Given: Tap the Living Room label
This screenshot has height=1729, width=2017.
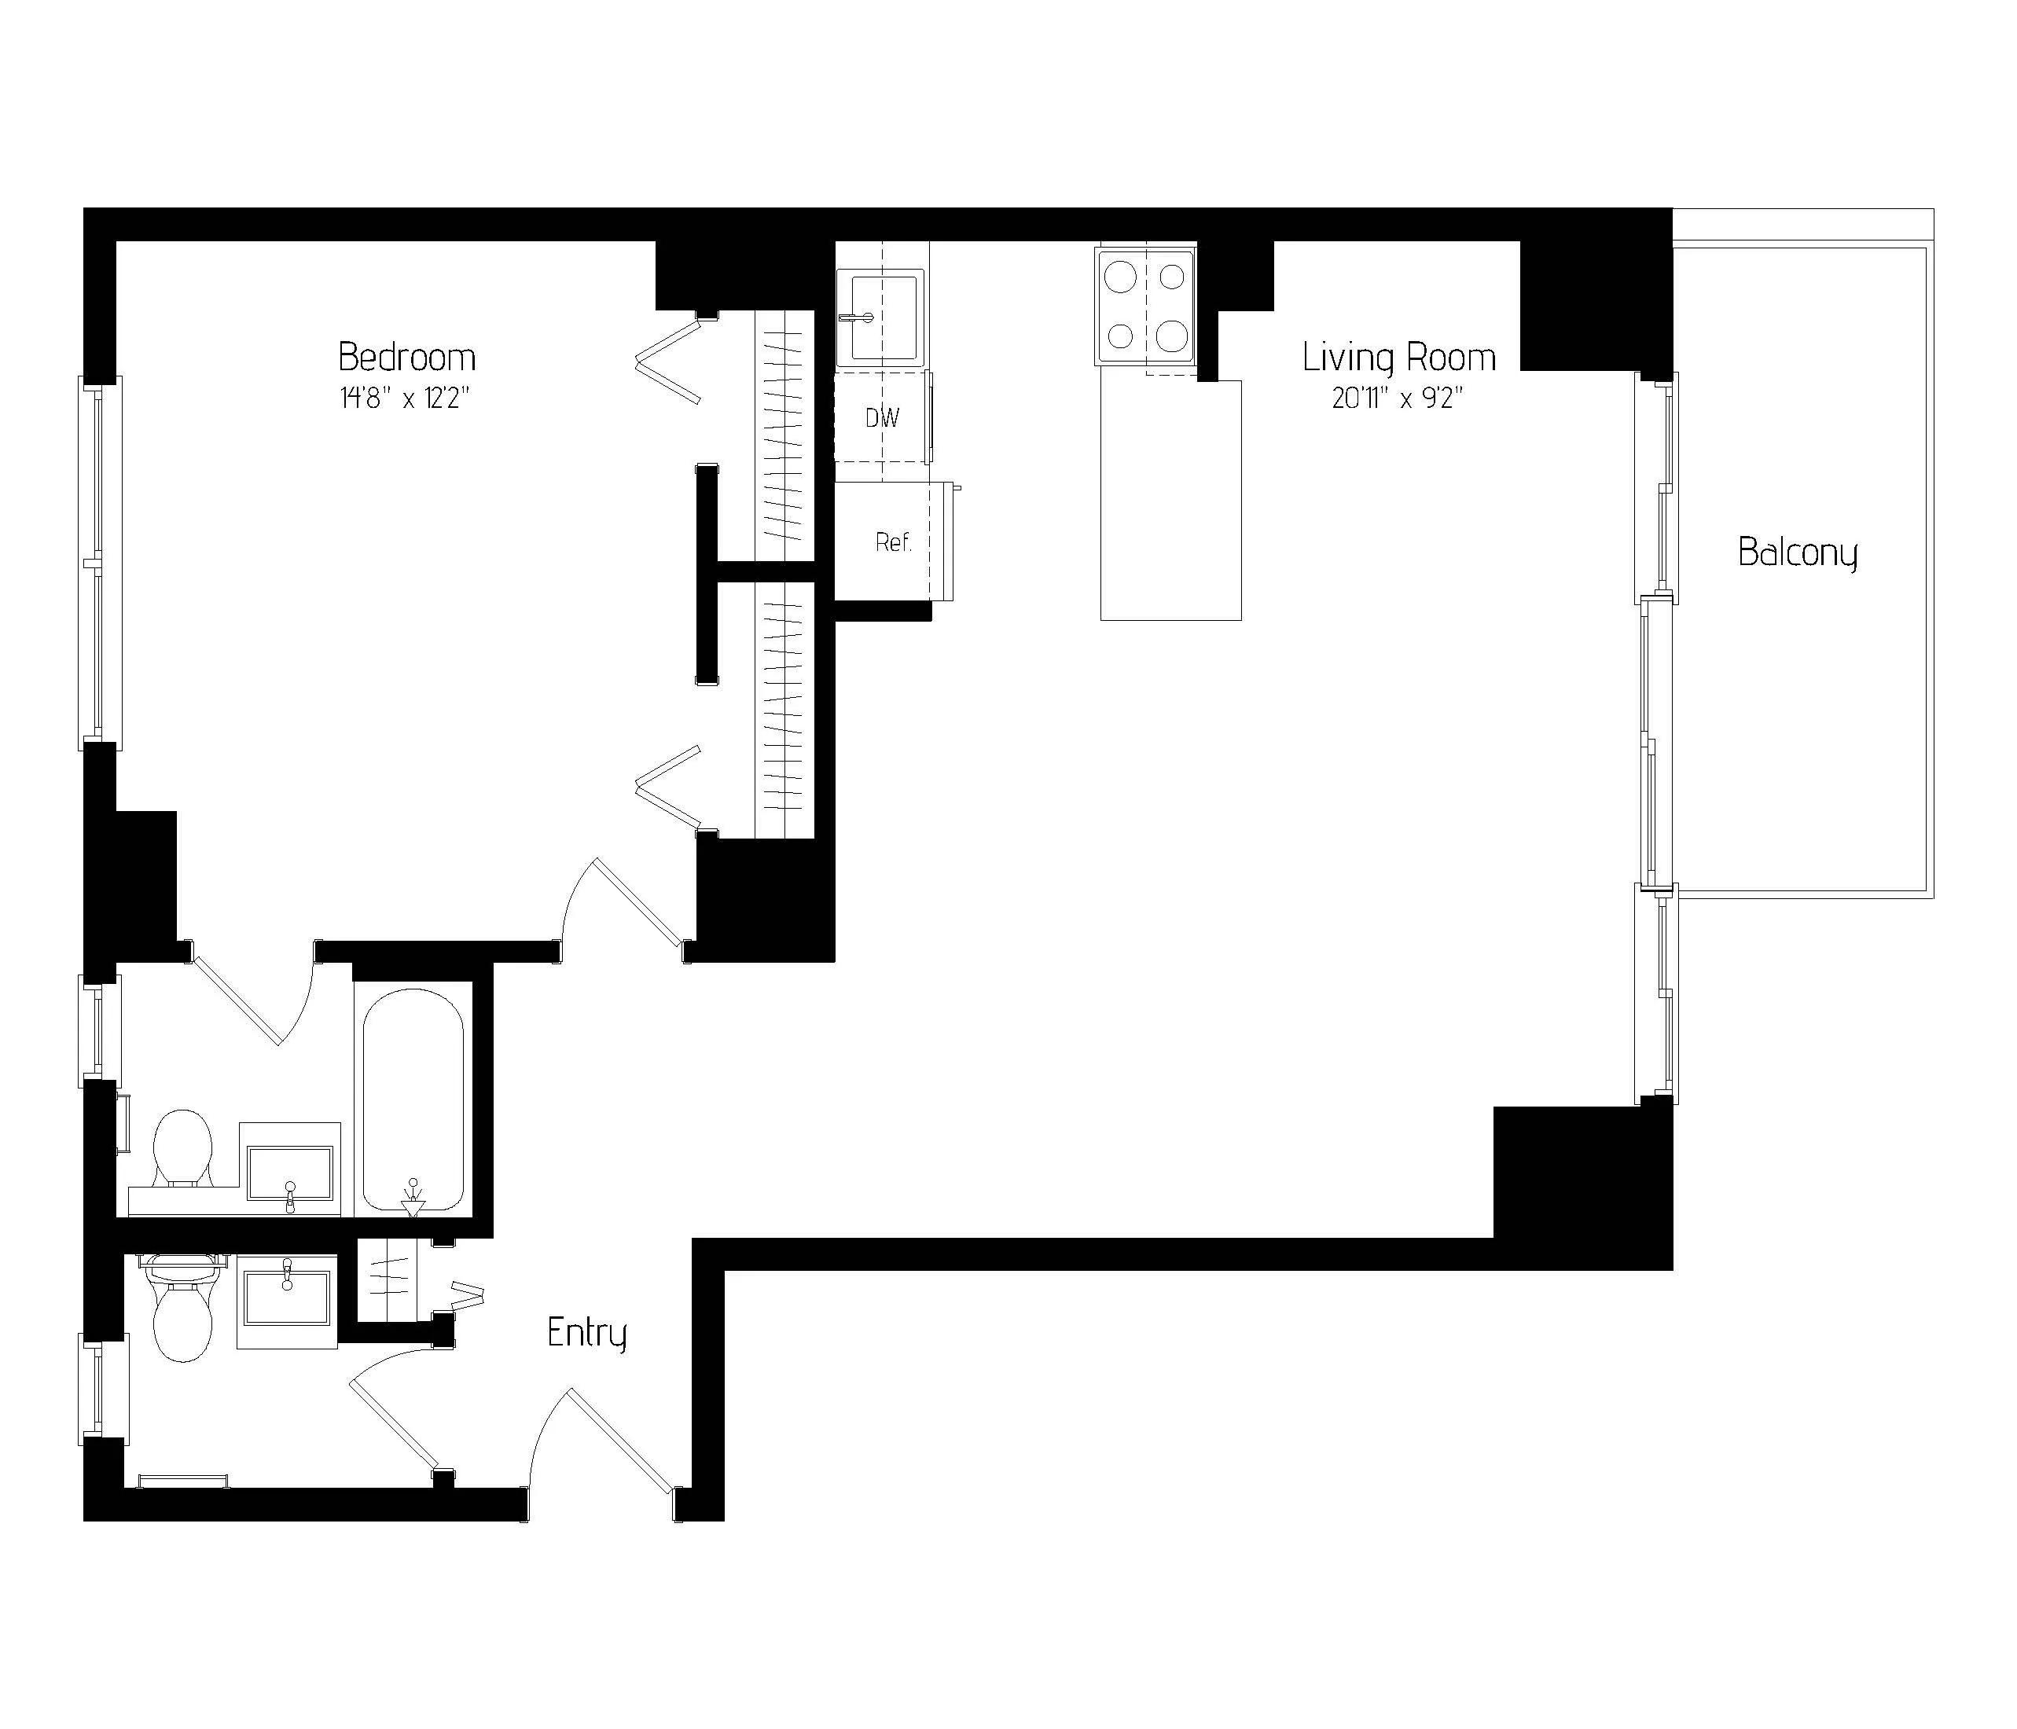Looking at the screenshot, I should point(1399,358).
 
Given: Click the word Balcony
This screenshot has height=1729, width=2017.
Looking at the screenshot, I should point(1797,553).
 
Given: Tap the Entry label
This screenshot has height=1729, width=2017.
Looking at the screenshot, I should point(586,1333).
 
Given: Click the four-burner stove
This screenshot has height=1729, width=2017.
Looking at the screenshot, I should point(1146,307).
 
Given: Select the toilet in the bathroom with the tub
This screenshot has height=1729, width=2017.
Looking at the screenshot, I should point(183,1149).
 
